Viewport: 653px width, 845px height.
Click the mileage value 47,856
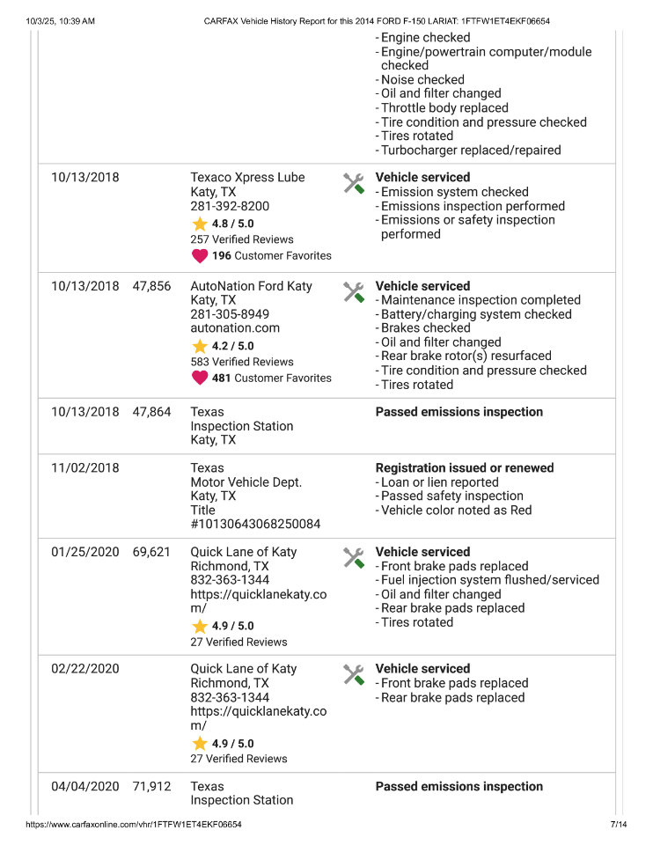(x=151, y=286)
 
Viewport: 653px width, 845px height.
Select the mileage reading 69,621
(x=151, y=552)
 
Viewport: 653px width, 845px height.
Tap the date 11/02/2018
(x=84, y=468)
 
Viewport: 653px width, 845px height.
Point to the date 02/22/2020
(x=84, y=669)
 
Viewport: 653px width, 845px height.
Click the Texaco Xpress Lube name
(x=247, y=178)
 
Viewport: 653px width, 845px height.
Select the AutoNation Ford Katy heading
(x=251, y=286)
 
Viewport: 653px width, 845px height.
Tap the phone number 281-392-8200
(x=230, y=206)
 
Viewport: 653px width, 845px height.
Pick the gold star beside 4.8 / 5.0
(x=200, y=224)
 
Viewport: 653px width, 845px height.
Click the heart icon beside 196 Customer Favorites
(x=200, y=256)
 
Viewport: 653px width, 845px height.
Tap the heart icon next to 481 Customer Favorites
(x=200, y=378)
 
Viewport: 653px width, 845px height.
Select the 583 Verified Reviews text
(x=242, y=362)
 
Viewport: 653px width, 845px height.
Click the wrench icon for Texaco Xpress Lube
(x=353, y=183)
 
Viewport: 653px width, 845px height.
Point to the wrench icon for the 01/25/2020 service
(x=353, y=557)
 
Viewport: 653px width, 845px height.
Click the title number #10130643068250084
(x=255, y=525)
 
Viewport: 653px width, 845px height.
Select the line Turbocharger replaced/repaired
(x=471, y=151)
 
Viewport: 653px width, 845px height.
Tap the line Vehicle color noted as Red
(x=456, y=511)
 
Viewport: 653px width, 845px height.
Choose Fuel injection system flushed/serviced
(x=489, y=580)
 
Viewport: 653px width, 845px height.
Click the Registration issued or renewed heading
(x=465, y=468)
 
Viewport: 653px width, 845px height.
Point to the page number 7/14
(x=618, y=825)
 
